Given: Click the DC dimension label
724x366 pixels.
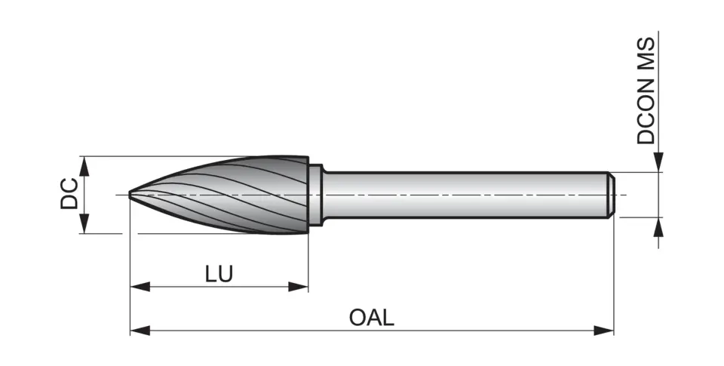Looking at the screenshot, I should click(69, 194).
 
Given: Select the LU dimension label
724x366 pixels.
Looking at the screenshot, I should click(219, 273).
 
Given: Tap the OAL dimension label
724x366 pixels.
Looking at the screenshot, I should click(371, 317).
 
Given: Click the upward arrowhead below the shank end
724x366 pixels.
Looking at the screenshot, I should click(658, 227).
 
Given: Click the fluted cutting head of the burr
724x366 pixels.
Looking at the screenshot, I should click(241, 195).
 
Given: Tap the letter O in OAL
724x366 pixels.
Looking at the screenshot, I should click(358, 317).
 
